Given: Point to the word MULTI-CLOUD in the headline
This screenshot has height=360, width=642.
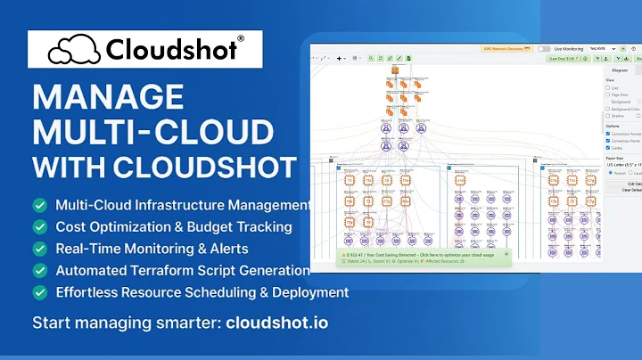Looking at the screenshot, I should click(x=152, y=131).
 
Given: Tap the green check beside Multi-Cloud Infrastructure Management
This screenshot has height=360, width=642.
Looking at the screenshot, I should click(x=40, y=205).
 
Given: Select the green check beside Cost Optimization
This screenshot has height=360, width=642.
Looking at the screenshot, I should click(x=40, y=226).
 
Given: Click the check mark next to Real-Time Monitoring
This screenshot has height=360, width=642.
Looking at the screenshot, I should click(x=40, y=249).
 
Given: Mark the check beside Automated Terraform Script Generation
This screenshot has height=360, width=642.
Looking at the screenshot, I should click(x=40, y=270).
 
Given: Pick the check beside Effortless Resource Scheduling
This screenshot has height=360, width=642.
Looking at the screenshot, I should click(x=40, y=292).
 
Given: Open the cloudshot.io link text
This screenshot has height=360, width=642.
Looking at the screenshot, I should click(x=277, y=322).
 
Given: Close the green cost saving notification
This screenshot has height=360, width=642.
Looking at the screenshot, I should click(x=506, y=254).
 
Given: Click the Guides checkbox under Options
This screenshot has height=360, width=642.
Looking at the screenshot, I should click(x=608, y=149).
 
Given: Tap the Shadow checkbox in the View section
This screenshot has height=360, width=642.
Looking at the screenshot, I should click(x=608, y=115).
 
